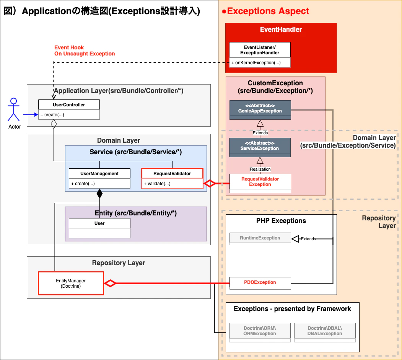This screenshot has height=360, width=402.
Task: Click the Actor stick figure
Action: tap(14, 110)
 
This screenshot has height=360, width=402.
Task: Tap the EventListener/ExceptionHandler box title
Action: tap(260, 50)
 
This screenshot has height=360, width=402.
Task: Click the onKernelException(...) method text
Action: tap(256, 63)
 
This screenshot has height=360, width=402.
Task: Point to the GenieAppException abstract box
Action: tap(260, 108)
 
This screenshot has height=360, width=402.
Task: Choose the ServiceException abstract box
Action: tap(260, 146)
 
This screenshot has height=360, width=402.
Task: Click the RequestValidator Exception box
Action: tap(260, 182)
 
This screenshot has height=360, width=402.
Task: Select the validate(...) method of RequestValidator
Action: tap(157, 184)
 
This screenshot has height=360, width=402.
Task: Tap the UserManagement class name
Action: tap(99, 174)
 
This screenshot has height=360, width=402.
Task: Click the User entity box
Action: tap(99, 228)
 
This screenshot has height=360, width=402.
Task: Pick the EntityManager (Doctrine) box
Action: tap(71, 283)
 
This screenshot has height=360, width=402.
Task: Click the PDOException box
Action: tap(260, 282)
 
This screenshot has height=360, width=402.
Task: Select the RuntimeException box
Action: tap(260, 238)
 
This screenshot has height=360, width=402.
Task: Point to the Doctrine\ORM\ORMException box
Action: tap(260, 331)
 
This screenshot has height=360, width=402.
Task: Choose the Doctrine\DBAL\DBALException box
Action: tap(325, 331)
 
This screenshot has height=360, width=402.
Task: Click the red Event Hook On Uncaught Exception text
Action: tap(85, 50)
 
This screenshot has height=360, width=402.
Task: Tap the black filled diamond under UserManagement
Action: tap(100, 194)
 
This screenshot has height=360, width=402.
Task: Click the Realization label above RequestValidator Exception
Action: tap(260, 169)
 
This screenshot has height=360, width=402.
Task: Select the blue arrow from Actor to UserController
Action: tap(30, 114)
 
